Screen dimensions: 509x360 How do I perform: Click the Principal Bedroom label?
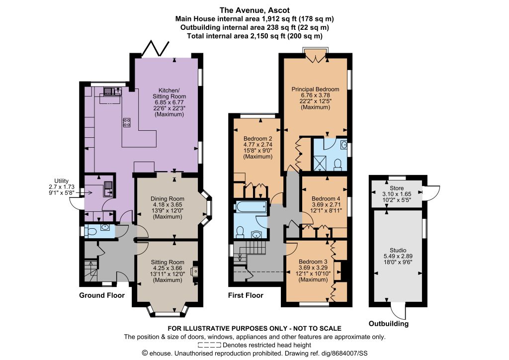(x=315, y=90)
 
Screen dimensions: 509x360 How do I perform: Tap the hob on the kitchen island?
(x=127, y=123)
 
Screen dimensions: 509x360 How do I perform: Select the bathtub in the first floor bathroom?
(x=252, y=206)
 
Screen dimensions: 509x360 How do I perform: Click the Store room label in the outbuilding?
(x=397, y=188)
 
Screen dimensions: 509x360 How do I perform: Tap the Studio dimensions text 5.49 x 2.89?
(x=398, y=256)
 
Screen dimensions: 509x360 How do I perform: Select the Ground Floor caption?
(x=102, y=295)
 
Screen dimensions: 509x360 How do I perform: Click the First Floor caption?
(x=246, y=295)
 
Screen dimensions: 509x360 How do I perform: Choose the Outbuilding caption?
(x=389, y=324)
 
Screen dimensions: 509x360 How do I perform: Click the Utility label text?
(x=61, y=181)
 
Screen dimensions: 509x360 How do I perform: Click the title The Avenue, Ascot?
(x=254, y=10)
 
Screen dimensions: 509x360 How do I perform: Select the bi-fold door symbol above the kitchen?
(x=156, y=49)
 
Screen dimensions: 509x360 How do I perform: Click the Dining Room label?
(x=168, y=199)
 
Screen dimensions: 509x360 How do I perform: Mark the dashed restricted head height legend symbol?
(x=209, y=345)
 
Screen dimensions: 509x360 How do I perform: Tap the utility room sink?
(x=108, y=189)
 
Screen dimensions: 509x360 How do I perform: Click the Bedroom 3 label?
(x=313, y=262)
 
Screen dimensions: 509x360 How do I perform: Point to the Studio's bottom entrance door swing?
(x=397, y=311)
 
